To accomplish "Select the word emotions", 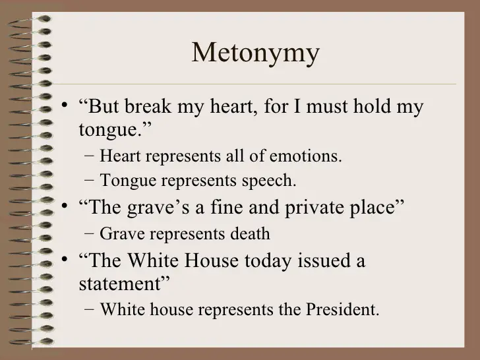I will [x=310, y=157].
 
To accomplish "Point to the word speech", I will [x=273, y=179].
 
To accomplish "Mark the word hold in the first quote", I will [x=367, y=106].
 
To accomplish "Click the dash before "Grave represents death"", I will [x=89, y=234].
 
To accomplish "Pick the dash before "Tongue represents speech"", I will [x=89, y=180].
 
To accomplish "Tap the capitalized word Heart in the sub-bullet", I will [x=121, y=157].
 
